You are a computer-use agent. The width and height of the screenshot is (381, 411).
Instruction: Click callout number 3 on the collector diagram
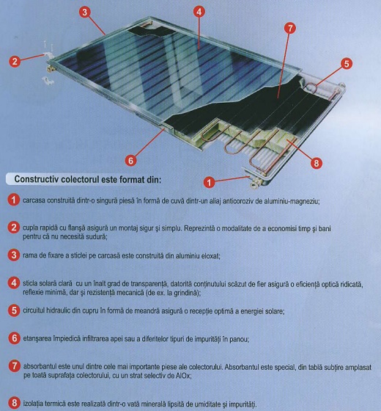coord(85,12)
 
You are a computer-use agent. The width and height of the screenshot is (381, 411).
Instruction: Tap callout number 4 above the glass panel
coord(199,12)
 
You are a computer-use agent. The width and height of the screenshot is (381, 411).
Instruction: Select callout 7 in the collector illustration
coord(289,28)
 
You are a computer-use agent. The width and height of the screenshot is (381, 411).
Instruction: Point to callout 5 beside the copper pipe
coord(347,64)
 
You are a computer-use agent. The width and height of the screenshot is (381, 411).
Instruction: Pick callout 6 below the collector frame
coord(130,159)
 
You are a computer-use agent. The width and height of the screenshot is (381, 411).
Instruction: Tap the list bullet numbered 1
coord(14,200)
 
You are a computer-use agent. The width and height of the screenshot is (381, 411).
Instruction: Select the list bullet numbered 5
coord(14,310)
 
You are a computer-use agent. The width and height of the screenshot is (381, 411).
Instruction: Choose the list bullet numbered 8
coord(14,403)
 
